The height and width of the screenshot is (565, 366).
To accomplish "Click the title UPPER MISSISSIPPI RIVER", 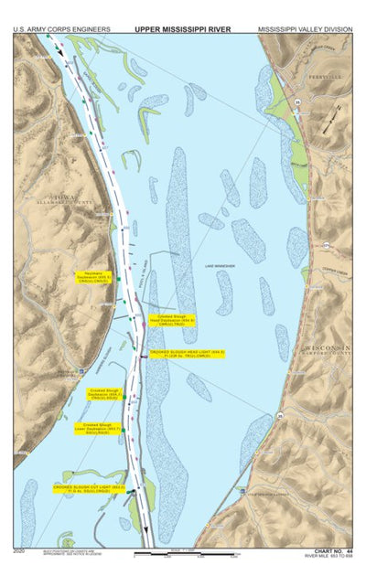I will (x=182, y=29).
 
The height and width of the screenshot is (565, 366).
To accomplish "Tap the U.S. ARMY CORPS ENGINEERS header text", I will (x=61, y=29).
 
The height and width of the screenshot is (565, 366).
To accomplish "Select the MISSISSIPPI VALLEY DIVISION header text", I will (x=305, y=29).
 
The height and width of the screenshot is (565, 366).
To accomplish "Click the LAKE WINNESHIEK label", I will (x=220, y=266).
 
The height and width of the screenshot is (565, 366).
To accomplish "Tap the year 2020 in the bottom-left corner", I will (x=19, y=551).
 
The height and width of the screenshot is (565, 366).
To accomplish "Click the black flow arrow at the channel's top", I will (x=61, y=52).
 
